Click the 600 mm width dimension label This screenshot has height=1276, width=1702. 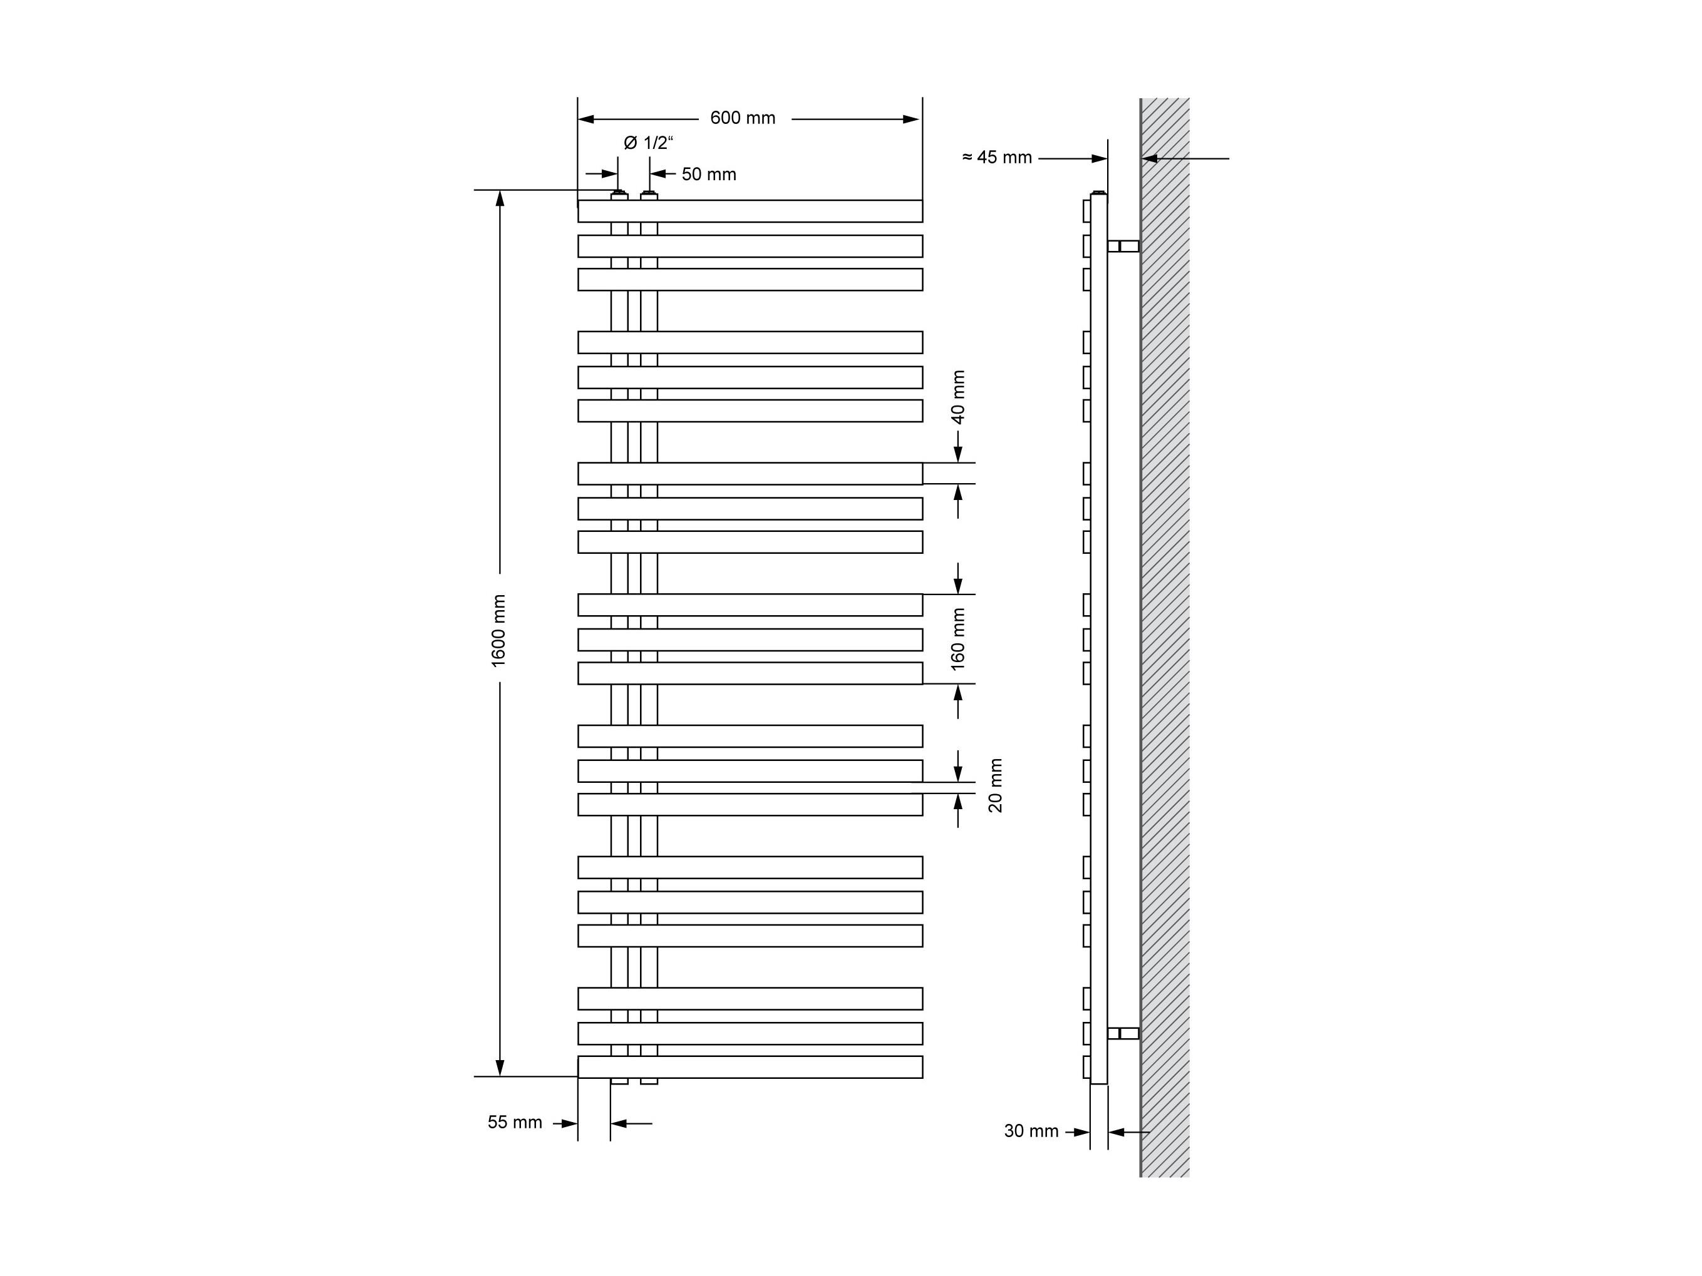(743, 118)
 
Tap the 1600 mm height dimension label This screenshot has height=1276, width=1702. (498, 631)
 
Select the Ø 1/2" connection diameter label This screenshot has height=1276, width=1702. (648, 143)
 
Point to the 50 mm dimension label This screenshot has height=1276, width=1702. (709, 175)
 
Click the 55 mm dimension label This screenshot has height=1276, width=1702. (515, 1122)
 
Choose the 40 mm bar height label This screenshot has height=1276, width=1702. (958, 397)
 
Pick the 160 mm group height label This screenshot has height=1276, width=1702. (958, 639)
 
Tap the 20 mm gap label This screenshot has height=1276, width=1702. (996, 785)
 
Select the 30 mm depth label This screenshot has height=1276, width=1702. (1031, 1131)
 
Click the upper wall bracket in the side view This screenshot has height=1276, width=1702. (1123, 246)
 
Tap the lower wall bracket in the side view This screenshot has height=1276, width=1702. (1123, 1033)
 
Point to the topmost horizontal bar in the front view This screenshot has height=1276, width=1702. (750, 212)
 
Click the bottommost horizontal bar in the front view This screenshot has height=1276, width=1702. (750, 1067)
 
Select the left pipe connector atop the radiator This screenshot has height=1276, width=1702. (619, 196)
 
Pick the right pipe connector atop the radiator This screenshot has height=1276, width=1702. (649, 196)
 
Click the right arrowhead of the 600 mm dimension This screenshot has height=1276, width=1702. (912, 120)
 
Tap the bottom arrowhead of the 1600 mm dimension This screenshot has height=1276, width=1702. (500, 1068)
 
